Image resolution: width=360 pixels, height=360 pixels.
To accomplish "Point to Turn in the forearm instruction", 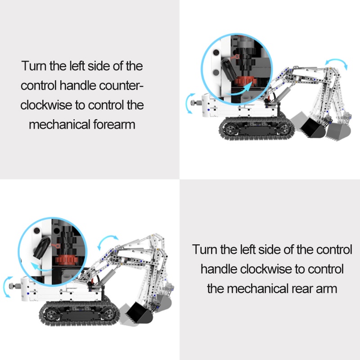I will [34, 66].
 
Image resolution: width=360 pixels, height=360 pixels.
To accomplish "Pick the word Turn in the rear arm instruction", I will [206, 249].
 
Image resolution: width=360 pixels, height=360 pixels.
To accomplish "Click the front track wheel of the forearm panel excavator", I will [283, 129].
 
